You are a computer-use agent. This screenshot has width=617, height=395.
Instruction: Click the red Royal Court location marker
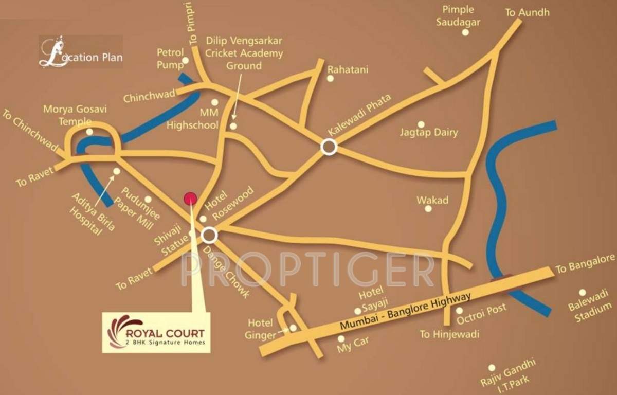point(190,198)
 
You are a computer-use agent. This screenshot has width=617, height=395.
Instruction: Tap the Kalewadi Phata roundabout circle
point(329,148)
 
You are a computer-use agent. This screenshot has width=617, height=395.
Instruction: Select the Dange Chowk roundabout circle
point(209,236)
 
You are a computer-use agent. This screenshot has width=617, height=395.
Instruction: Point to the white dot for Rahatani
point(330,78)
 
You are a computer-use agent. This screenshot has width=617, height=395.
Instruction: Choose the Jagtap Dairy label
point(429,133)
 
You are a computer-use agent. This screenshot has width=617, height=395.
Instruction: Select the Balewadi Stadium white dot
point(582,292)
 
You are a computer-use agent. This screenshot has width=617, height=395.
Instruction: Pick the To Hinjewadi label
point(449,334)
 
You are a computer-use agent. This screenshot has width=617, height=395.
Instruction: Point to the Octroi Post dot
point(459,311)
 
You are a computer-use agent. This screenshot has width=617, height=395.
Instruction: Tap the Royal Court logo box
point(156,332)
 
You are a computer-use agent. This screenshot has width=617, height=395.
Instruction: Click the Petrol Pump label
point(170,59)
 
